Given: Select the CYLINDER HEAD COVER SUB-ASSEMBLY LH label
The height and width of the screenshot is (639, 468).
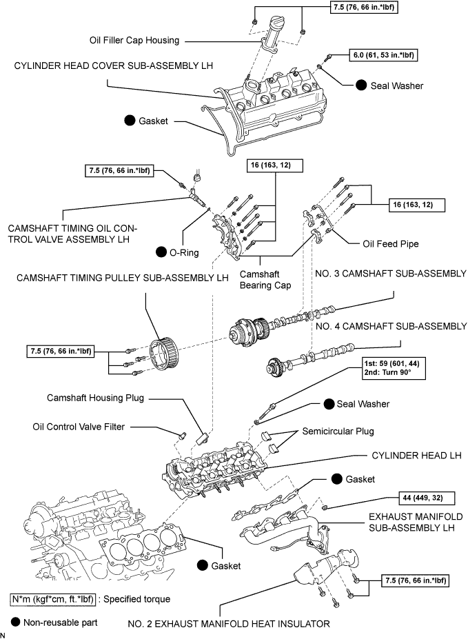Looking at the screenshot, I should pyautogui.click(x=112, y=65).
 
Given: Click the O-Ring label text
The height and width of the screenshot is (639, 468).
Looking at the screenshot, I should pyautogui.click(x=184, y=252).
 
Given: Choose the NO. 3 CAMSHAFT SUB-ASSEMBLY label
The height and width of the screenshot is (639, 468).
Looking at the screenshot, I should pyautogui.click(x=389, y=274).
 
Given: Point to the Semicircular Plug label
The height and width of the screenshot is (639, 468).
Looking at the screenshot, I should pyautogui.click(x=338, y=432).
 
